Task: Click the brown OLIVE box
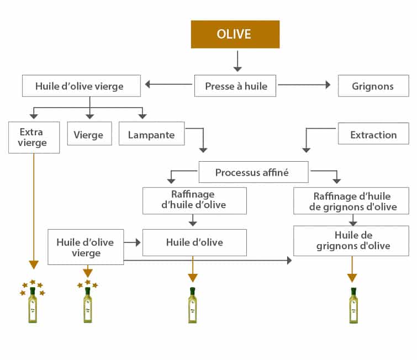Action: (235, 34)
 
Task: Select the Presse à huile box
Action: (235, 86)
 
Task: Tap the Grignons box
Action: (373, 86)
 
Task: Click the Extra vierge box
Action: (34, 137)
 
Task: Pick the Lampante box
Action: (151, 135)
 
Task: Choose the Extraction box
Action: (373, 134)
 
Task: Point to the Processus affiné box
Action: (252, 172)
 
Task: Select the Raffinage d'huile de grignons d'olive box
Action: (351, 200)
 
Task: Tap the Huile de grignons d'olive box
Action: (351, 241)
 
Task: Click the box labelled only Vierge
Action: (89, 135)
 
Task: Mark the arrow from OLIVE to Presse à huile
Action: (237, 61)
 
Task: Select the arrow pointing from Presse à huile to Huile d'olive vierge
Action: (168, 85)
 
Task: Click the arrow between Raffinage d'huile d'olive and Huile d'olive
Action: (193, 220)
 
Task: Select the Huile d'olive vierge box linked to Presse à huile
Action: (79, 86)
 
